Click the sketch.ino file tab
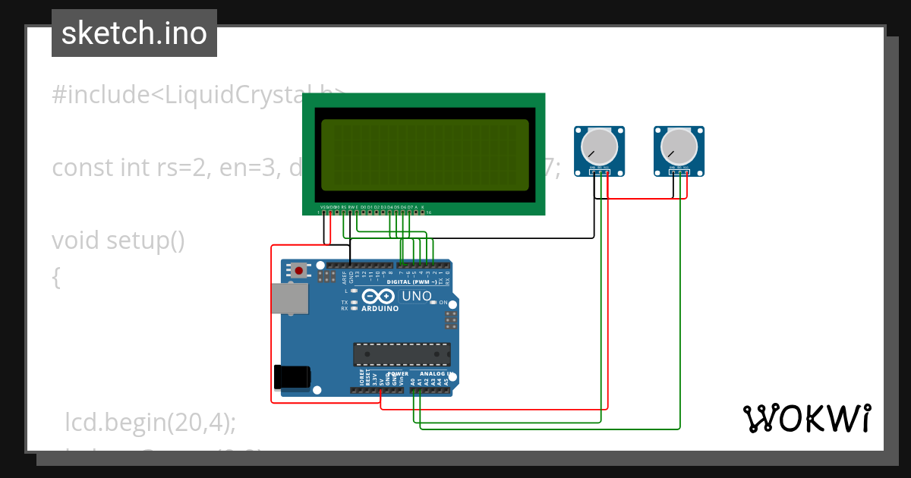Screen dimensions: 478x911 point(134,33)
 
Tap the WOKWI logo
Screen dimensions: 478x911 point(806,418)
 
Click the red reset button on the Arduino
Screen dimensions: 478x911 point(299,270)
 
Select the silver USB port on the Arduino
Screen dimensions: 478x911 point(290,298)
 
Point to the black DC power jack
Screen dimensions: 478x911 point(292,376)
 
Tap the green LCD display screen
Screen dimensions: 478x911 point(424,155)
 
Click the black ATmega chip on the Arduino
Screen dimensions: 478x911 point(402,354)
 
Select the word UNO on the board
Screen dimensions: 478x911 point(416,296)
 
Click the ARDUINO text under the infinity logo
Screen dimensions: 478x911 point(380,309)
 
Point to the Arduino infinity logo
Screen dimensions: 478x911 point(379,296)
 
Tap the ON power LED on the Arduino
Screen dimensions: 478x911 point(433,302)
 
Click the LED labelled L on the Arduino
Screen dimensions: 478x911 point(354,291)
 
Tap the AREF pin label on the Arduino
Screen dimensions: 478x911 point(344,277)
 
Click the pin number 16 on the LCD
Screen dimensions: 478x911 point(429,212)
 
